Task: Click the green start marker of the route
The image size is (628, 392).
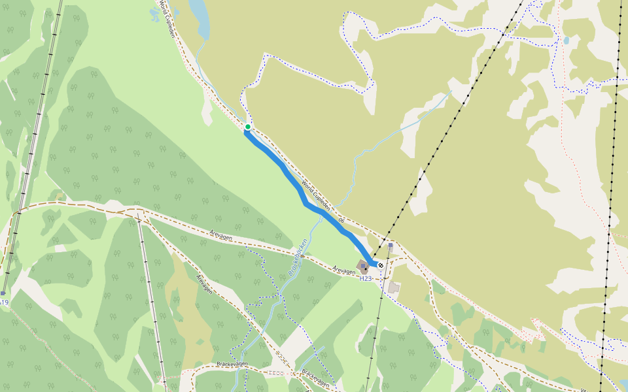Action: [x=248, y=127]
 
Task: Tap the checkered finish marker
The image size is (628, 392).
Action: [x=380, y=265]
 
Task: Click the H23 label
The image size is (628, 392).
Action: [x=365, y=278]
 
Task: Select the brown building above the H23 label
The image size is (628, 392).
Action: [x=364, y=267]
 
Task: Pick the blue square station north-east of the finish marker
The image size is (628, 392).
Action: [x=391, y=246]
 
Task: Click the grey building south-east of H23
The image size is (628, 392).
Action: [x=394, y=287]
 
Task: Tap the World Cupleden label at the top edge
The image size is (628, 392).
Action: [x=167, y=18]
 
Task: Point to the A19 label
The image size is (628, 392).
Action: [x=4, y=302]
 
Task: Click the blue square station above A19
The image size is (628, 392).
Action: [x=3, y=293]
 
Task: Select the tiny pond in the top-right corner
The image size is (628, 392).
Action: [x=566, y=41]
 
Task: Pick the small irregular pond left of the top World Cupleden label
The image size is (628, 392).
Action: [x=155, y=14]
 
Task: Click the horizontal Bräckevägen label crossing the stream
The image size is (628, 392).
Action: [x=232, y=364]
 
